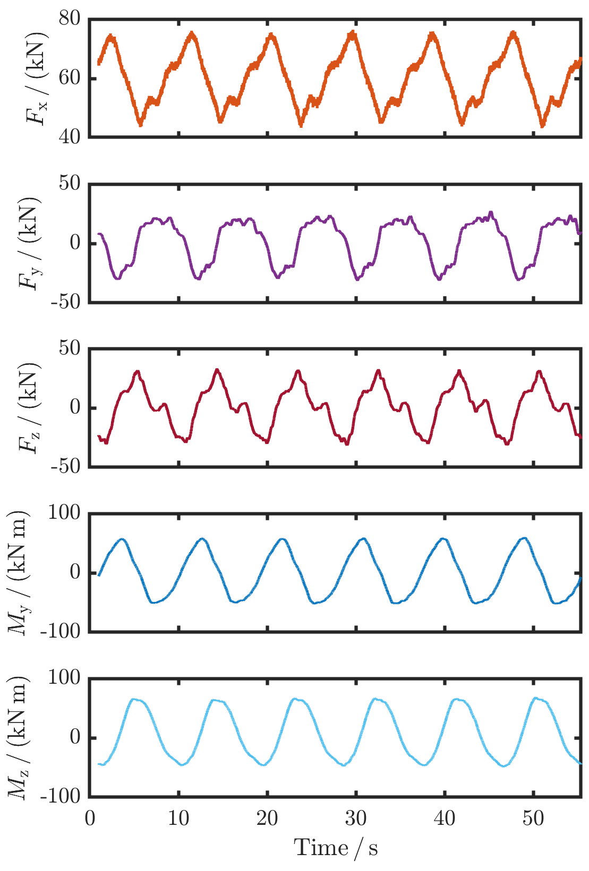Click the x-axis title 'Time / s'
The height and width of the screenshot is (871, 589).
(336, 848)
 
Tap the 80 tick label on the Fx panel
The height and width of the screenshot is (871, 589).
(70, 19)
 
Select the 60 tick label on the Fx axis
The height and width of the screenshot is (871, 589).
(70, 78)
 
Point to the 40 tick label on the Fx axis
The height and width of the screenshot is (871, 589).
(70, 137)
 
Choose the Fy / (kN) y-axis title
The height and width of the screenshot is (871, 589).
(30, 243)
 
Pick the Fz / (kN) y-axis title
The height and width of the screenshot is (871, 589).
(30, 407)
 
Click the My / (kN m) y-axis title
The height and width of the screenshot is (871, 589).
(19, 573)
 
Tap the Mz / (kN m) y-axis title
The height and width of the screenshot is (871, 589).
(19, 737)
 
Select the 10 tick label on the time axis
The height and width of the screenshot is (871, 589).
(178, 818)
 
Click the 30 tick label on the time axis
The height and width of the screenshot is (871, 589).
(355, 818)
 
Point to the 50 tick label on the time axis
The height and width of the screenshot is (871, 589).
(533, 818)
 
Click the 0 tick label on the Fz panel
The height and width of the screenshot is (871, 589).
(75, 407)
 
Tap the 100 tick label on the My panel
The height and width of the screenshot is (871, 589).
(64, 513)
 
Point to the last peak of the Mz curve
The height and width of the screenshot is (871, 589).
(535, 698)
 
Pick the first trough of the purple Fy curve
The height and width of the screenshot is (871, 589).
(117, 278)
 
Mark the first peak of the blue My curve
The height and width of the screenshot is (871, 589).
(122, 539)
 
